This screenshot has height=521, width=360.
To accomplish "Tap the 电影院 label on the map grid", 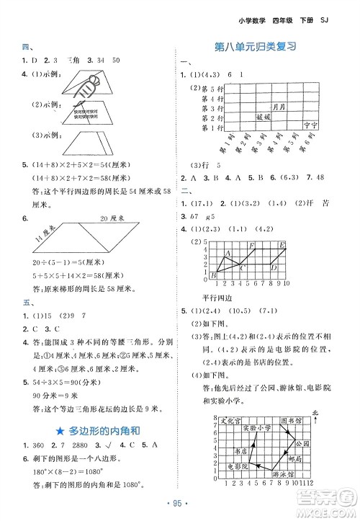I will pyautogui.click(x=236, y=466).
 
